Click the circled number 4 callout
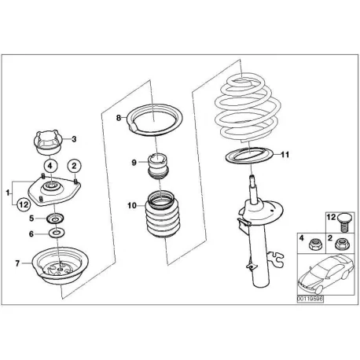click(x=50, y=166)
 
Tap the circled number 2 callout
click(x=75, y=166)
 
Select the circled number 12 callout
click(x=24, y=204)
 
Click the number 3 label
click(x=74, y=139)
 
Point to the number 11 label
click(x=285, y=155)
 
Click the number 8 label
click(x=119, y=118)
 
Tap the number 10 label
click(x=132, y=206)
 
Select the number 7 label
click(x=17, y=263)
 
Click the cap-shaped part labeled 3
click(x=48, y=143)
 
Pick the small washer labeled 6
click(x=57, y=233)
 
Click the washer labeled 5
click(x=55, y=219)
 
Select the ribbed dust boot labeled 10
click(x=162, y=215)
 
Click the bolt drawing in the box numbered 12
click(x=343, y=222)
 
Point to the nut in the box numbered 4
click(x=314, y=244)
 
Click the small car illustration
click(x=326, y=274)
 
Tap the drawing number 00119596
click(x=310, y=299)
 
